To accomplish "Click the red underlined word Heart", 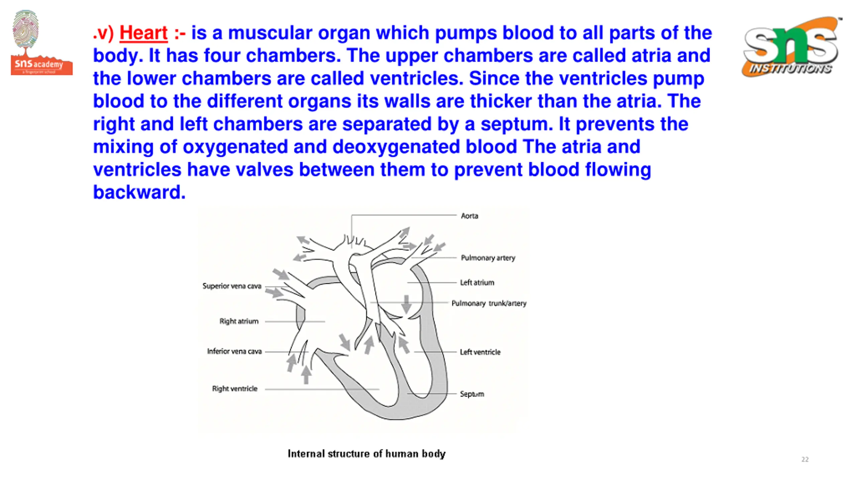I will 143,33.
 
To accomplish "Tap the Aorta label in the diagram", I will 469,216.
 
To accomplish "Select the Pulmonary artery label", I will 488,258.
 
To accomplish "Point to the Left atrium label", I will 477,283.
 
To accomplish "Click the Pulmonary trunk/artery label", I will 489,303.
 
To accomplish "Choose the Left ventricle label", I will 480,352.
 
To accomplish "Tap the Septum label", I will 472,394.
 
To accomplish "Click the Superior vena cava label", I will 232,286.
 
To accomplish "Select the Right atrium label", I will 239,321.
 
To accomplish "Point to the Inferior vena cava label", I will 234,351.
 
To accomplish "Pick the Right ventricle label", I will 235,389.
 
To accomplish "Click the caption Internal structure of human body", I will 366,454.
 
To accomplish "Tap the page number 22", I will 805,460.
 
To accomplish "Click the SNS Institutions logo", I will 791,47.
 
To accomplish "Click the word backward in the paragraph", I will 139,192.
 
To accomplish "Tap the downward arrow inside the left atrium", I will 406,304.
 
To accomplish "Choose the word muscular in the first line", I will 270,33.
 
